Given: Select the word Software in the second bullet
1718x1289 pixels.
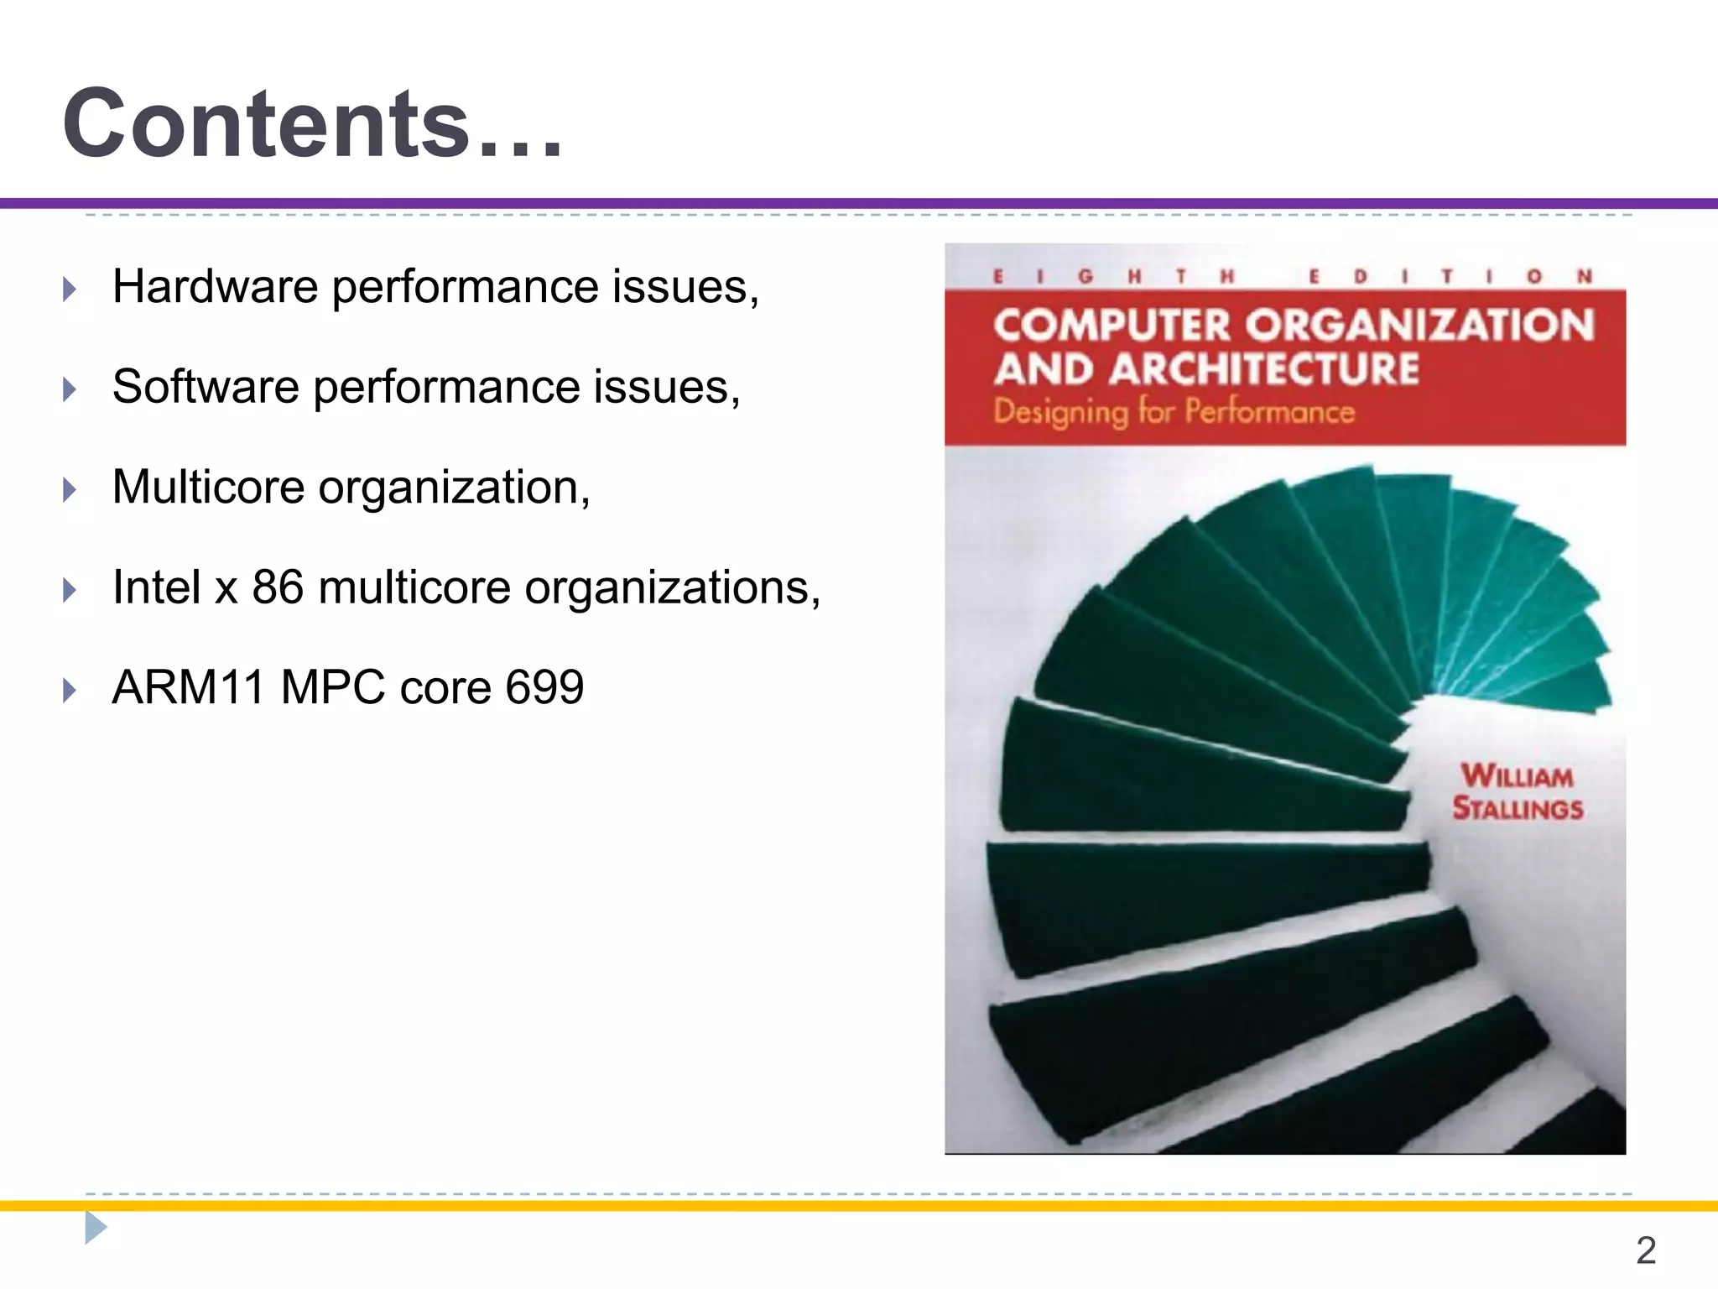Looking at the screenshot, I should click(206, 387).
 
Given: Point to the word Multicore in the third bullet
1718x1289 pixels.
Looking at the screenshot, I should click(208, 488).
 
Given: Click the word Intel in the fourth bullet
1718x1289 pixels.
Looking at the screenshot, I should click(157, 587).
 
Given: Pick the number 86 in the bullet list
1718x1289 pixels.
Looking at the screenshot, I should click(278, 587).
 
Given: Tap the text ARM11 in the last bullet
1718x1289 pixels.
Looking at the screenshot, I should click(189, 687).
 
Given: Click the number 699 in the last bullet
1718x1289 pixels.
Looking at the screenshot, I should click(544, 687).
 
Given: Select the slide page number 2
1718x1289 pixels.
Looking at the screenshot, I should click(1646, 1250).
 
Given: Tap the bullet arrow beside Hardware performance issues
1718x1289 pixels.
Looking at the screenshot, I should click(70, 290).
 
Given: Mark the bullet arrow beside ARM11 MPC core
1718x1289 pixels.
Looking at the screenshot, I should click(70, 691).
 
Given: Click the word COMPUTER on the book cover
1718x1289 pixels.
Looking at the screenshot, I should click(1111, 326).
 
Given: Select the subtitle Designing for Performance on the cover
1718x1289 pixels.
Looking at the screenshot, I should click(1174, 412).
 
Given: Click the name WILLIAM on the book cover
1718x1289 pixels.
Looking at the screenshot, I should click(1517, 776).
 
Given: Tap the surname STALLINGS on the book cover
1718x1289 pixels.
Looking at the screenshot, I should click(1518, 809).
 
